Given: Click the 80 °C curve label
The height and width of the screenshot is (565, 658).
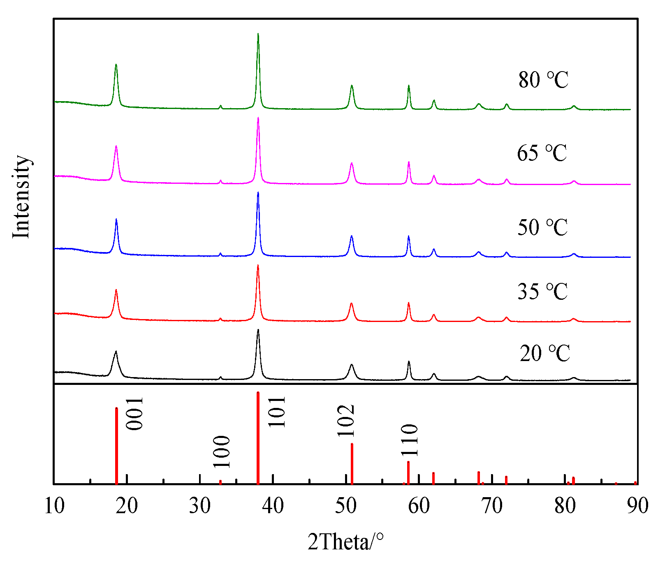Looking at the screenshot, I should click(543, 80).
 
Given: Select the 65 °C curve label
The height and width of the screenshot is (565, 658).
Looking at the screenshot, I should click(542, 153).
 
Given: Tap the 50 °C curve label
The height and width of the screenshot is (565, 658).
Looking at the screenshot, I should click(542, 227).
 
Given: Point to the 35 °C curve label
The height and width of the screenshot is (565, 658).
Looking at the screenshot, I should click(542, 292).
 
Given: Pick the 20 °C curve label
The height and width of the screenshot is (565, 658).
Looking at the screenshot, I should click(545, 353).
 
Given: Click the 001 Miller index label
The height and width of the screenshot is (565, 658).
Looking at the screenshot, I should click(134, 413).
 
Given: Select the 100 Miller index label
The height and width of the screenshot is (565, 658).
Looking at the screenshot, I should click(222, 452).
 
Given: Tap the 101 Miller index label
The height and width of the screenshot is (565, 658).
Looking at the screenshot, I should click(277, 412).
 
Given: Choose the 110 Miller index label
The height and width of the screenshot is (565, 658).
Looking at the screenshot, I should click(410, 440).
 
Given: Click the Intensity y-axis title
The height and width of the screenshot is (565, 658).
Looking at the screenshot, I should click(21, 197).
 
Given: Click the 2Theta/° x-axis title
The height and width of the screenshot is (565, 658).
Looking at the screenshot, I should click(345, 542).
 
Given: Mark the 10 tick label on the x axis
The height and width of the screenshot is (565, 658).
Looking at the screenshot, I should click(54, 506).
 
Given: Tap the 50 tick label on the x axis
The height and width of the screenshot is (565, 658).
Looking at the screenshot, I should click(346, 506).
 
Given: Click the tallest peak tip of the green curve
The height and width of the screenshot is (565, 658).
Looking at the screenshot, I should click(258, 34).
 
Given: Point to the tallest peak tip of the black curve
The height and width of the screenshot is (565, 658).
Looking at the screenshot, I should click(258, 330).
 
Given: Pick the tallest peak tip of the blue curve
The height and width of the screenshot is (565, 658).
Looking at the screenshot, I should click(258, 192).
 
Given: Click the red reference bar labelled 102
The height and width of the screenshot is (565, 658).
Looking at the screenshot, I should click(352, 463).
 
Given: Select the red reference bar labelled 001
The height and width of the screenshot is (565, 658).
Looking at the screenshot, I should click(116, 446).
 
